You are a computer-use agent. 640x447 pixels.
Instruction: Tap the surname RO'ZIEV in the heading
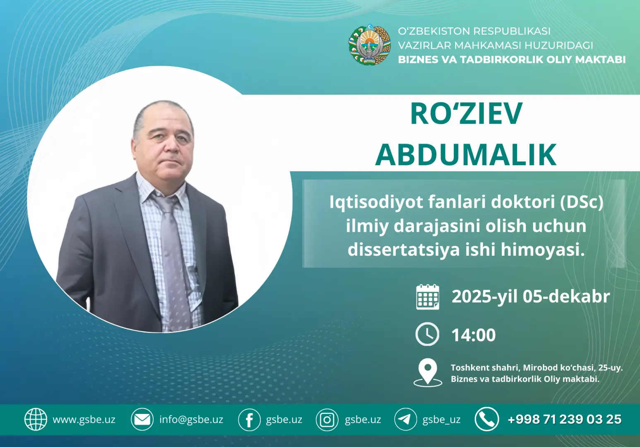(466, 114)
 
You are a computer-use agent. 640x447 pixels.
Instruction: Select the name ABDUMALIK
(466, 155)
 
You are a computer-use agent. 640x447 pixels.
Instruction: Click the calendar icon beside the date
(427, 297)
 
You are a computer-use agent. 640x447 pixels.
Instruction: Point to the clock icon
(427, 334)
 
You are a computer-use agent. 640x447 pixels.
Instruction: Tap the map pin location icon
(428, 371)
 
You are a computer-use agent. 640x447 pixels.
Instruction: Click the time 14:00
(473, 335)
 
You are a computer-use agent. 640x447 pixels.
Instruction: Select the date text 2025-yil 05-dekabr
(531, 297)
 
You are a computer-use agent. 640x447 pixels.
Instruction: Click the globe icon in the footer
(36, 419)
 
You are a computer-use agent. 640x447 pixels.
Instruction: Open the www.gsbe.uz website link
(84, 420)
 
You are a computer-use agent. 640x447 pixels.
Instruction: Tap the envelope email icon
(142, 419)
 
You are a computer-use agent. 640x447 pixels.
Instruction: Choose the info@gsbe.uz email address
(191, 420)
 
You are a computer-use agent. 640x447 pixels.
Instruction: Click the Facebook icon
(249, 420)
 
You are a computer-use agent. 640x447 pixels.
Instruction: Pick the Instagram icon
(327, 420)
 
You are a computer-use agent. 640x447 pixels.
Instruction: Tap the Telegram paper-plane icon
(405, 419)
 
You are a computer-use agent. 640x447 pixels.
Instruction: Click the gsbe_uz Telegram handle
(441, 420)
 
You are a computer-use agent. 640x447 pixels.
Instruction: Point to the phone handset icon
(486, 419)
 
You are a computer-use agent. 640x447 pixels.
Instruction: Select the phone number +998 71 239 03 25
(565, 420)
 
